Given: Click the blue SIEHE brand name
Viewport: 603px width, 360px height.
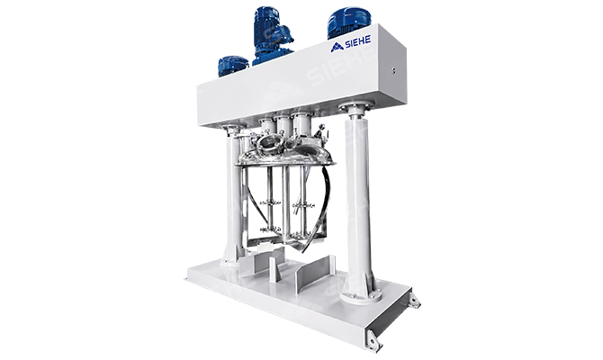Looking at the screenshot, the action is click(x=357, y=42).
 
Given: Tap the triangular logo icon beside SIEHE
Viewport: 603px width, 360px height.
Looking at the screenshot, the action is click(x=337, y=47).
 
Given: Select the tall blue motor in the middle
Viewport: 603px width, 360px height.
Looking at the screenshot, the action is click(x=271, y=34).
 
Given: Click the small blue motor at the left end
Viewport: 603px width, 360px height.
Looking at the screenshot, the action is click(x=233, y=67).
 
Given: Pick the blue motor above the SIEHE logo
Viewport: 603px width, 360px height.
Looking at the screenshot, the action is click(x=349, y=23).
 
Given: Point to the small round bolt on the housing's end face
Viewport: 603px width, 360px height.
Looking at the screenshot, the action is click(x=393, y=70).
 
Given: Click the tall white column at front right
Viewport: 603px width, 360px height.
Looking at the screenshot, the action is click(x=358, y=200).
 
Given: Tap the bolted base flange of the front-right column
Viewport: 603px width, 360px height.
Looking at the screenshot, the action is click(x=360, y=295).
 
